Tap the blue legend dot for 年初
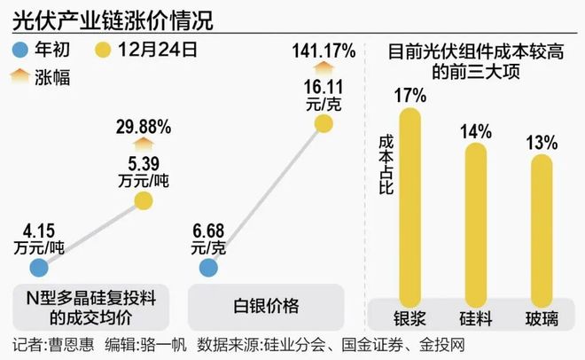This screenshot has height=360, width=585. click(x=23, y=49)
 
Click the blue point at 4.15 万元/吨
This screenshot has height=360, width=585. click(x=39, y=266)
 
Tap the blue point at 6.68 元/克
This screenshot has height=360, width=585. click(x=208, y=267)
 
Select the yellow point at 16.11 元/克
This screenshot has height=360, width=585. click(x=323, y=124)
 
